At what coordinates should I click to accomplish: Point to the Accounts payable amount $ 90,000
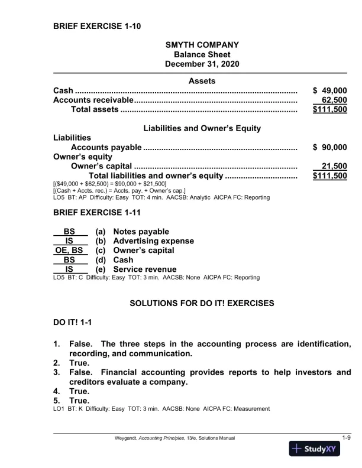tap(329, 147)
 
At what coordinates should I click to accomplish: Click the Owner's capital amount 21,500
tap(333, 166)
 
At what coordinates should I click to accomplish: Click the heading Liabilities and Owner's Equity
tap(202, 128)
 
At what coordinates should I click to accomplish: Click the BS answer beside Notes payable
tap(69, 231)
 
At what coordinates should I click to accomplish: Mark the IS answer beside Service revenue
tap(69, 269)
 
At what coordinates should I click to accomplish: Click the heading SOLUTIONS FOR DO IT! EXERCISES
tap(202, 304)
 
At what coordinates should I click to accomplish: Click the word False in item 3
tap(83, 372)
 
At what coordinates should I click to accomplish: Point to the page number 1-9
tap(347, 437)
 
